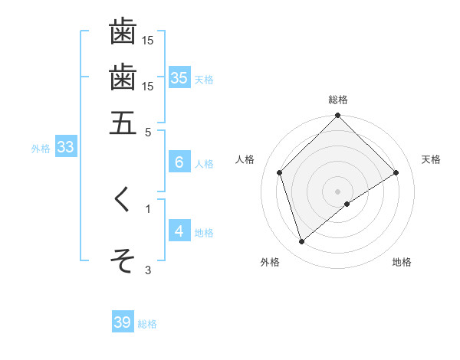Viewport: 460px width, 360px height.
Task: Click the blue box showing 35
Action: (179, 77)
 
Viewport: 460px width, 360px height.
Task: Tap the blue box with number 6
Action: (179, 162)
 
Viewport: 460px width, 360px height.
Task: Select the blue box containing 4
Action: (179, 231)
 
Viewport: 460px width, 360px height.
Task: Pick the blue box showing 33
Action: (65, 148)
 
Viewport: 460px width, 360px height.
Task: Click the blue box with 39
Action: (123, 322)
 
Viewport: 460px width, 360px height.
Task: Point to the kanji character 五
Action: (123, 123)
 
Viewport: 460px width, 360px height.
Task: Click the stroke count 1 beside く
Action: (148, 208)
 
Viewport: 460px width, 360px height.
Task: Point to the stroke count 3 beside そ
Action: (148, 269)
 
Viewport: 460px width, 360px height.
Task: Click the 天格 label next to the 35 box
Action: (204, 79)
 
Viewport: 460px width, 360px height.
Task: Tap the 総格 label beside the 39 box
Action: (147, 324)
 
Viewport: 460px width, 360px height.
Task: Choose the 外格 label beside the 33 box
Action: (41, 149)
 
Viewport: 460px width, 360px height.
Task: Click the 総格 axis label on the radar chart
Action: (338, 100)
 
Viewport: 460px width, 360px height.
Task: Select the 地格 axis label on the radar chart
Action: (402, 262)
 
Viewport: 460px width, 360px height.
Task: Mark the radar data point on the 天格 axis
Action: (396, 172)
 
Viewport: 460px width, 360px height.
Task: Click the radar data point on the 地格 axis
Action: (347, 204)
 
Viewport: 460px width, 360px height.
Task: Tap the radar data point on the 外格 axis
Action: (301, 242)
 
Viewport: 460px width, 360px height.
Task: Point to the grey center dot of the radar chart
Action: (338, 191)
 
